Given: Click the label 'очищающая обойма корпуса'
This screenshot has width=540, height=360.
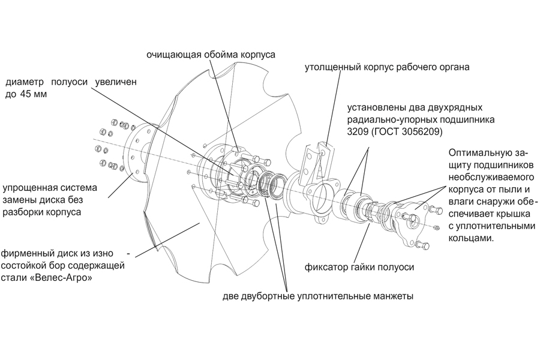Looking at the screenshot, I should click(211, 55).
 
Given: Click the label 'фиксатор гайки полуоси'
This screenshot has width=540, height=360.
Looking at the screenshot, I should click(359, 266).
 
